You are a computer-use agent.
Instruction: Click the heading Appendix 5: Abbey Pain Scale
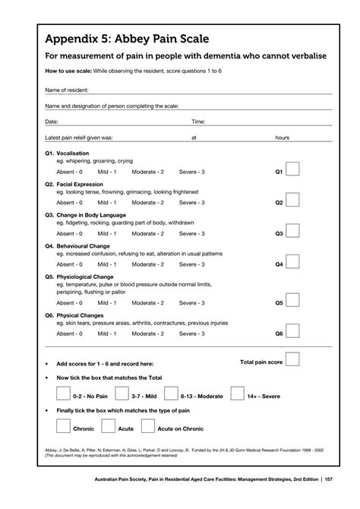(127, 39)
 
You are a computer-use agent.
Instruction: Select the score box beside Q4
(292, 262)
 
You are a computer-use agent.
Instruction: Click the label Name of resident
(68, 90)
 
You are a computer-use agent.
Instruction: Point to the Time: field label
(198, 122)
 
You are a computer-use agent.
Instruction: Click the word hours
(283, 138)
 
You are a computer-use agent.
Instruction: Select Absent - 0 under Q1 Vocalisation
(70, 172)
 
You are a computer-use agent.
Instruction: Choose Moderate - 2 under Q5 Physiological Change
(148, 302)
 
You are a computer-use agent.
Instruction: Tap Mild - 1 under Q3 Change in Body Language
(106, 233)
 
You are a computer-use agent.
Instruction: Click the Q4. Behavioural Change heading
(77, 246)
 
